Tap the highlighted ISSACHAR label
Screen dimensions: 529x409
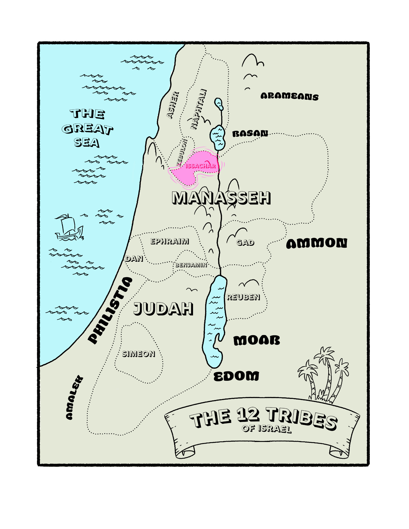pos(201,166)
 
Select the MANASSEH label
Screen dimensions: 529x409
pos(221,198)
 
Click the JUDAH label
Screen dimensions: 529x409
pos(163,309)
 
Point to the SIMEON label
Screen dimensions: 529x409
pos(138,354)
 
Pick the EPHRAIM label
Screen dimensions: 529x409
pos(170,241)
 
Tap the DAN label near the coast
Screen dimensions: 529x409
pos(134,258)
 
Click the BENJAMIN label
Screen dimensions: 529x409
pos(191,265)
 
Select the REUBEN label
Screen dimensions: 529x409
pos(243,297)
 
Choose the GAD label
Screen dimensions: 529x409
pos(245,242)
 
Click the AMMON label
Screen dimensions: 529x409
pos(317,243)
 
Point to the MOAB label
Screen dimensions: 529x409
pos(256,341)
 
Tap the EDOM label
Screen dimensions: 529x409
pos(236,376)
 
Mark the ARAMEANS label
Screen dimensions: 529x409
pos(289,96)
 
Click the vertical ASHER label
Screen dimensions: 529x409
pos(173,105)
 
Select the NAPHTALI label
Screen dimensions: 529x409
pos(199,109)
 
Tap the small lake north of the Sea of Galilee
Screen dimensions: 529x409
pos(219,104)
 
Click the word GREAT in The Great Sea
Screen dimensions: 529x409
pos(87,129)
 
